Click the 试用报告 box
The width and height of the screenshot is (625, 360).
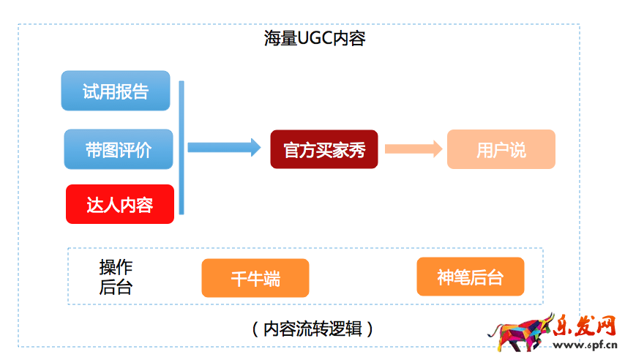[116, 91]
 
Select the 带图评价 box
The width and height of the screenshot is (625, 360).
[119, 149]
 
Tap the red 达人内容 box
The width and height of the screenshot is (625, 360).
[120, 204]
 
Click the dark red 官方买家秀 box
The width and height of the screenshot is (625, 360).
[324, 149]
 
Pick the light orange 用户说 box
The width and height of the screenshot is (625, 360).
[501, 149]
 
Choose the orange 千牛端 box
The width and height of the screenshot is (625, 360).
[255, 278]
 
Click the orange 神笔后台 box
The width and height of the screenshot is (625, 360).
[471, 277]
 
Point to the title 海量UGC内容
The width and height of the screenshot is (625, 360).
[315, 39]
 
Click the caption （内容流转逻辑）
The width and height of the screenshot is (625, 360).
[312, 329]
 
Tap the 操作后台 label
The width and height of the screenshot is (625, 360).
[116, 277]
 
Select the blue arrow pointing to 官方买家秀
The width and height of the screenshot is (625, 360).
[224, 147]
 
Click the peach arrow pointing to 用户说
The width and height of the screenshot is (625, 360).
[413, 149]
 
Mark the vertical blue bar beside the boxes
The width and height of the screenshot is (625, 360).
[181, 147]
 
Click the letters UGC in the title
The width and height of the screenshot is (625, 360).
[315, 39]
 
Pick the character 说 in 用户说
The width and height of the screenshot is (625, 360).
[517, 150]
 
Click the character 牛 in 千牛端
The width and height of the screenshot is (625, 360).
[255, 279]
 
